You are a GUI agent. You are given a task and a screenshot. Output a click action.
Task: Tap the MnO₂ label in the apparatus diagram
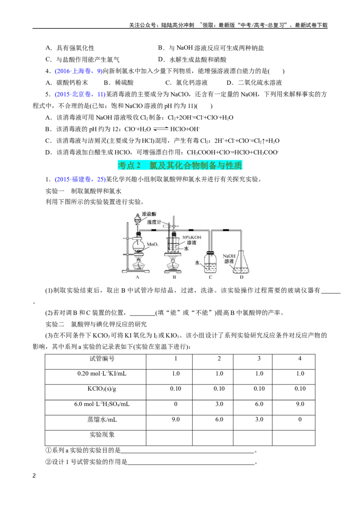pos(153,244)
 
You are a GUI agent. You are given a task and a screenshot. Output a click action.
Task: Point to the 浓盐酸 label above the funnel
pos(149,214)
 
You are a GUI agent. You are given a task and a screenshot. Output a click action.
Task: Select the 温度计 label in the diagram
pos(154,222)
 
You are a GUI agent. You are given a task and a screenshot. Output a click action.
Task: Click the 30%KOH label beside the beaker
pos(191,237)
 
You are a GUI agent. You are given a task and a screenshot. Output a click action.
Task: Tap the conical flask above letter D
pos(242,262)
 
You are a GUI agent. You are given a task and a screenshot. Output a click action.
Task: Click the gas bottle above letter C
pos(210,263)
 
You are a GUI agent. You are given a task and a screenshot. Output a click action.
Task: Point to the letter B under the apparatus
pos(174,277)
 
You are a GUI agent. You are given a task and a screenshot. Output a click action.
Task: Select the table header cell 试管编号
pos(102,358)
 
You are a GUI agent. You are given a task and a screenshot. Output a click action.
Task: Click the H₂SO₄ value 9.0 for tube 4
pos(300,404)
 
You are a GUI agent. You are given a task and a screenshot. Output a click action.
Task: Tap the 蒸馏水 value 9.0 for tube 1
pos(175,420)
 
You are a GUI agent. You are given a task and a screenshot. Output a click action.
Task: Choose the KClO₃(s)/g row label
pos(102,389)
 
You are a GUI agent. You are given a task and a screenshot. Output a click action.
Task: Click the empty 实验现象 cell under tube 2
pos(212,438)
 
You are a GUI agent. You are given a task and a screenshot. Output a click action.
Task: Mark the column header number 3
pos(259,358)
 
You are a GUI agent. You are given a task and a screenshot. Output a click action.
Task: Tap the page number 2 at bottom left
pos(34,476)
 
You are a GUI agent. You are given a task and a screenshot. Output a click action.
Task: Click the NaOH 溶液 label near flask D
pos(229,259)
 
